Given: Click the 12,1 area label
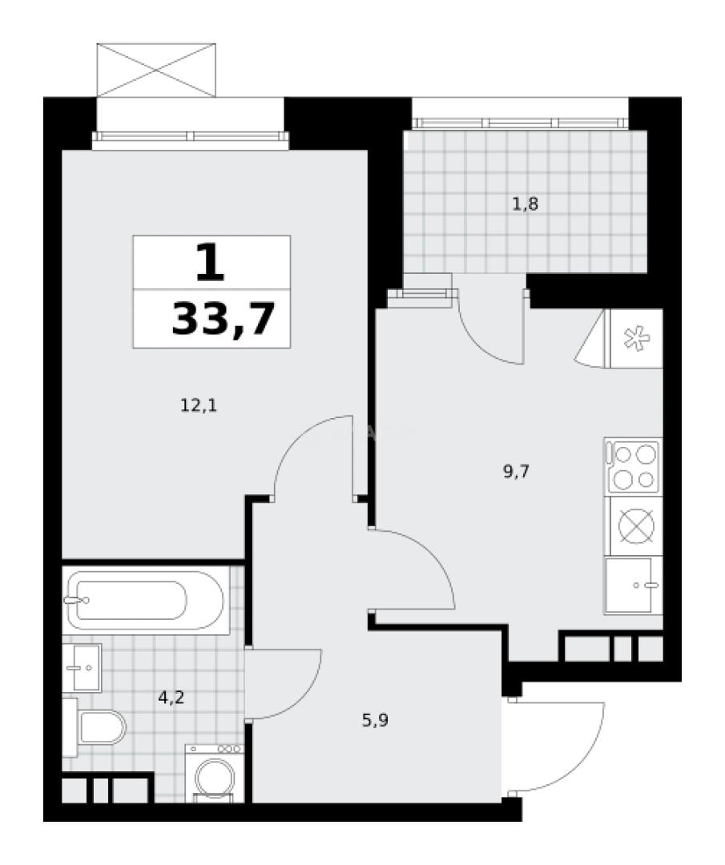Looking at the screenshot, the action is (199, 406).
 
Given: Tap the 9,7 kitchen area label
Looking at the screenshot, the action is (516, 472).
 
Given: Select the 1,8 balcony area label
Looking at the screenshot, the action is (525, 205).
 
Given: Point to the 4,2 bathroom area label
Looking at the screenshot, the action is (171, 698).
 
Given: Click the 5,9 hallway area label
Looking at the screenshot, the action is (375, 721).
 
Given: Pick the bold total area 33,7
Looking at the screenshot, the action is (224, 320).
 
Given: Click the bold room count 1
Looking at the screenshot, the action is (211, 263).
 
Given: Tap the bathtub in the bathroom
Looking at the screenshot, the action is (145, 600).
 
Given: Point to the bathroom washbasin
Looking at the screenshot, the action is (82, 667).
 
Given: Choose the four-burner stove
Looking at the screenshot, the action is (634, 467).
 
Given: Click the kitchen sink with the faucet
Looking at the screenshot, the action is (634, 585).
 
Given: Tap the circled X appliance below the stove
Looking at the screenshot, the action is (636, 525).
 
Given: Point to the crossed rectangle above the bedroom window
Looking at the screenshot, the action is (156, 70).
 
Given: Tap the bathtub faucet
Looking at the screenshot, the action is (75, 600).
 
